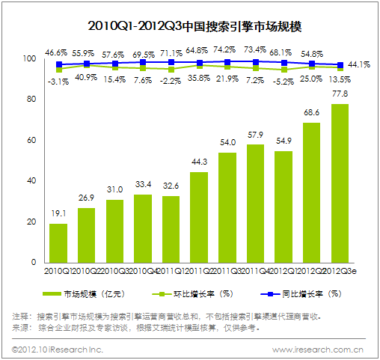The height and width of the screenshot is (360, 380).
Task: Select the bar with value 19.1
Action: [x=58, y=243]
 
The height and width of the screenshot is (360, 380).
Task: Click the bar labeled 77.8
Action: [x=340, y=183]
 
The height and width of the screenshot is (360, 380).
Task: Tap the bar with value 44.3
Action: [x=199, y=217]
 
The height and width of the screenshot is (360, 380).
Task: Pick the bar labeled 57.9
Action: [x=255, y=204]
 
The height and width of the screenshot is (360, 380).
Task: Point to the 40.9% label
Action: [x=86, y=78]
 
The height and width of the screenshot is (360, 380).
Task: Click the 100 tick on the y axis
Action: [x=29, y=58]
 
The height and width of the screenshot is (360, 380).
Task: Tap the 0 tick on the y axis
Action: [x=34, y=263]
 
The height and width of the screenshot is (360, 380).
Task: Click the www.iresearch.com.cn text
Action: [x=318, y=349]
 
